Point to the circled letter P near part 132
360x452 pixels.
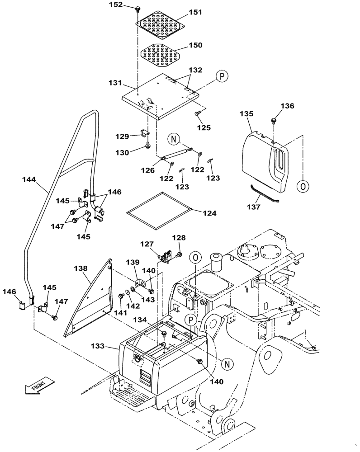point(221,76)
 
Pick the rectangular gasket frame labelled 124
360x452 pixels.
point(158,209)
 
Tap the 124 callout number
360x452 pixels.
point(209,213)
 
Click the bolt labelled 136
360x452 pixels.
point(274,120)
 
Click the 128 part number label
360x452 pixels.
point(179,238)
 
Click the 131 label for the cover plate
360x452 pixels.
point(116,83)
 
